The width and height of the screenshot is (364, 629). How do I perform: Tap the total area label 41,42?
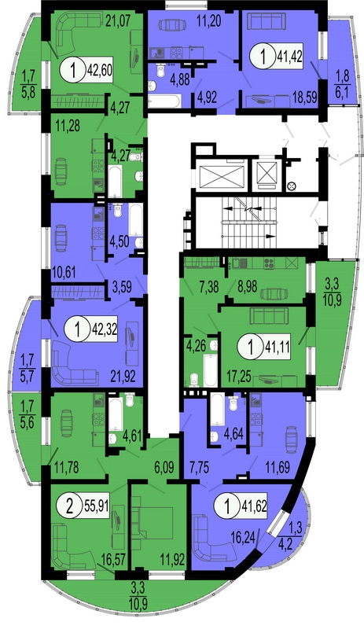[x=290, y=56]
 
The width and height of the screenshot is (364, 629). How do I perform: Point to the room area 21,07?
[x=119, y=20]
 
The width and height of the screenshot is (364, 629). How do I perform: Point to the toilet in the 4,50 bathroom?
[x=118, y=210]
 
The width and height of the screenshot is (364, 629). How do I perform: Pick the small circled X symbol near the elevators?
[x=292, y=186]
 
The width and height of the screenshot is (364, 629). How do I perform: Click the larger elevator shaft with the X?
[x=222, y=176]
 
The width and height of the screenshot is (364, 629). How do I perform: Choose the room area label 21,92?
[x=123, y=377]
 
